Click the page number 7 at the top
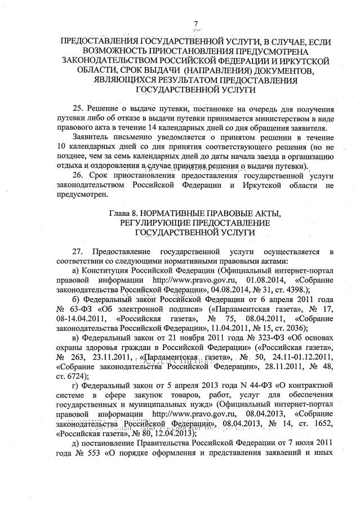pos(197,23)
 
